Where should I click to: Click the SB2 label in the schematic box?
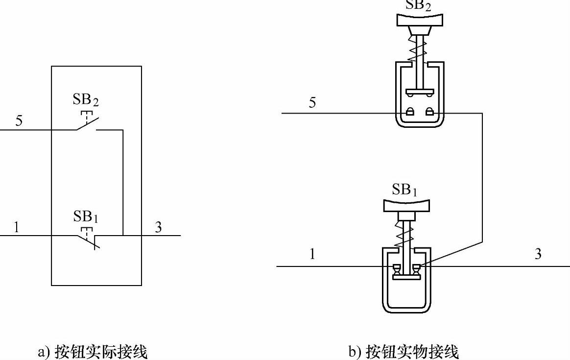tap(86, 100)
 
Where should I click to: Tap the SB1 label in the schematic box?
tap(86, 216)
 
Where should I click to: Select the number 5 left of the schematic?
tap(19, 120)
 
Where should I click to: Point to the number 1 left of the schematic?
tap(17, 227)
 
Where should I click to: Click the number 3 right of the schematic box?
tap(158, 227)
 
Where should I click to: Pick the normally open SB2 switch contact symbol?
tap(87, 124)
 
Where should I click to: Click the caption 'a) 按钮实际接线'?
tap(93, 352)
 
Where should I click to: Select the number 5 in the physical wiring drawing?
tap(312, 103)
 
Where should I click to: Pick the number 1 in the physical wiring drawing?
tap(312, 254)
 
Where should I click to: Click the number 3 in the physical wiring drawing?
tap(538, 254)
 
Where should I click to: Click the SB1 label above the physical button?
tap(404, 190)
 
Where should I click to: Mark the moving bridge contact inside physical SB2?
tap(420, 92)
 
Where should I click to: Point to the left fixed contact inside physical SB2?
tap(410, 112)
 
